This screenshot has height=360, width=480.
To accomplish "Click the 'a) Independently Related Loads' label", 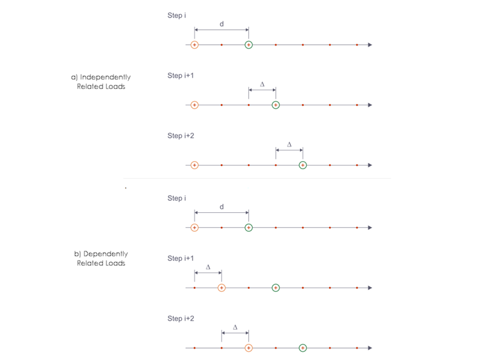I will [x=100, y=81].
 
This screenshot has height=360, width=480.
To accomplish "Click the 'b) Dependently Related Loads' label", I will [x=100, y=258].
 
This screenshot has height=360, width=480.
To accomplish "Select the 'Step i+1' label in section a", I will [x=181, y=76].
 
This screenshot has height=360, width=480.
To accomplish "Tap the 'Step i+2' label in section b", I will [x=181, y=318].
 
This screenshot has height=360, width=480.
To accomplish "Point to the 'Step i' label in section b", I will [x=177, y=198].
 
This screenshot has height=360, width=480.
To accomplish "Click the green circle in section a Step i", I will [x=249, y=45].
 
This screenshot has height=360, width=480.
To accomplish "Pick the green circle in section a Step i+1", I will [x=275, y=105].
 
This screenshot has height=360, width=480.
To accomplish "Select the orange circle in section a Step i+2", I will [x=195, y=165].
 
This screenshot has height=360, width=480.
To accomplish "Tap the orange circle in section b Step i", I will [x=195, y=227].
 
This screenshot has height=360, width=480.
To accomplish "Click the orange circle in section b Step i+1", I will [x=222, y=287].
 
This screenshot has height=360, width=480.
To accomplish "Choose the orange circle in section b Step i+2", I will [x=249, y=347].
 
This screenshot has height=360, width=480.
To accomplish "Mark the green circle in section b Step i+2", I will [x=303, y=347].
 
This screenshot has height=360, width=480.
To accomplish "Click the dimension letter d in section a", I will [x=221, y=24].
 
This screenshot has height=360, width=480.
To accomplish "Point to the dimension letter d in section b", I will [x=221, y=207].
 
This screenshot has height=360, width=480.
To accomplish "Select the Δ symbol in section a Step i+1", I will [x=262, y=84].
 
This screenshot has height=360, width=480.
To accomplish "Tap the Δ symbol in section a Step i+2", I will [x=289, y=145].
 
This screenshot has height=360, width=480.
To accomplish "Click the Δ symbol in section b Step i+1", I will [x=208, y=267].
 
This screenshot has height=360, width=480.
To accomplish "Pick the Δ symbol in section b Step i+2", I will [x=235, y=327].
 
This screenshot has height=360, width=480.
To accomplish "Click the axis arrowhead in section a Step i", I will [x=369, y=45].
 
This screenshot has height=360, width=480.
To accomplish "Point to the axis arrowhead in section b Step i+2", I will [x=369, y=347].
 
